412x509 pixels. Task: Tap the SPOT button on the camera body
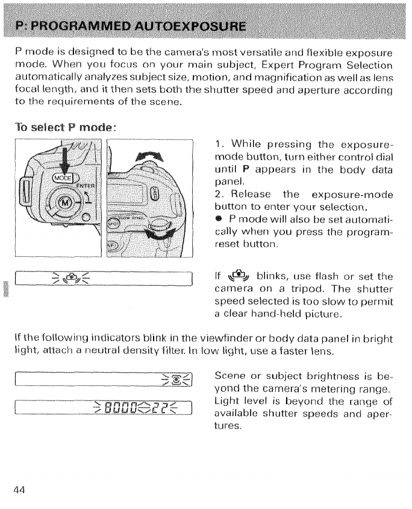[113, 221]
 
